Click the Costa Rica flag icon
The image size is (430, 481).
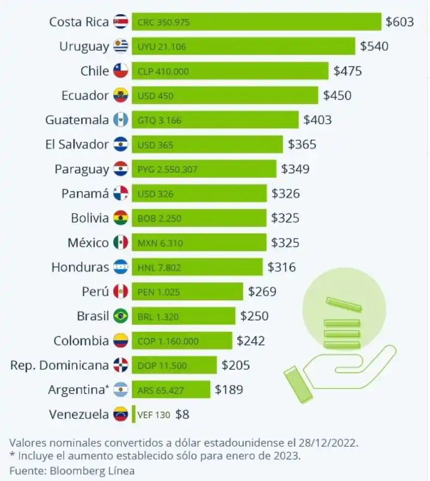click(120, 22)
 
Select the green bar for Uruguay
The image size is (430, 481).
click(243, 46)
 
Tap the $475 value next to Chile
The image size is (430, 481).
click(348, 71)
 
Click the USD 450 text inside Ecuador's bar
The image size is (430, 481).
click(156, 96)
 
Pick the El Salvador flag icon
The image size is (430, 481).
click(120, 144)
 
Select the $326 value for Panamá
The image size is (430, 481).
click(286, 193)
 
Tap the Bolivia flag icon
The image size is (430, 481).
click(120, 218)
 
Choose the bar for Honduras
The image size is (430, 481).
click(197, 267)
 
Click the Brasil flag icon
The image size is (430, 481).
click(120, 316)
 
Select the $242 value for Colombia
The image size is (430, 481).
click(251, 341)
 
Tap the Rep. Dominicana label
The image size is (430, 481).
click(59, 365)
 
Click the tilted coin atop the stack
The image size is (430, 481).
click(343, 303)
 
